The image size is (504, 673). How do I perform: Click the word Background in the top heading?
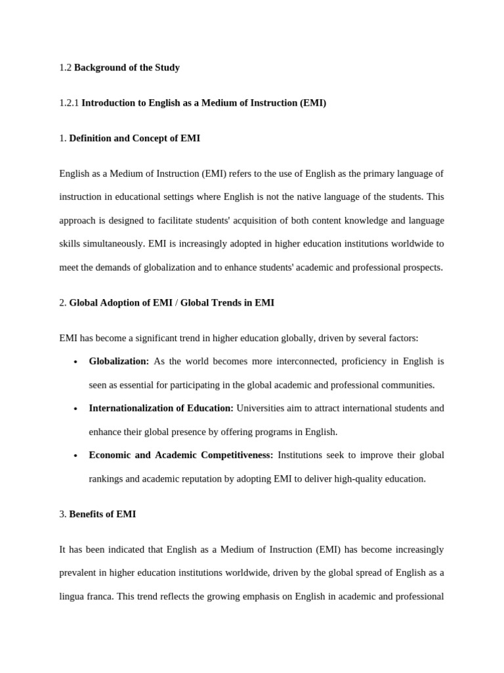(98, 68)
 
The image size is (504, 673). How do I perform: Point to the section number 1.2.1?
(69, 103)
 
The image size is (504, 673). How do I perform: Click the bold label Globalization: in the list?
(119, 361)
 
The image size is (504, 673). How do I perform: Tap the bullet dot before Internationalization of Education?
(76, 409)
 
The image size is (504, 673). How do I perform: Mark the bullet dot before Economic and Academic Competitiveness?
(76, 455)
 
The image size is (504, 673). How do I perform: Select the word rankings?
(106, 479)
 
